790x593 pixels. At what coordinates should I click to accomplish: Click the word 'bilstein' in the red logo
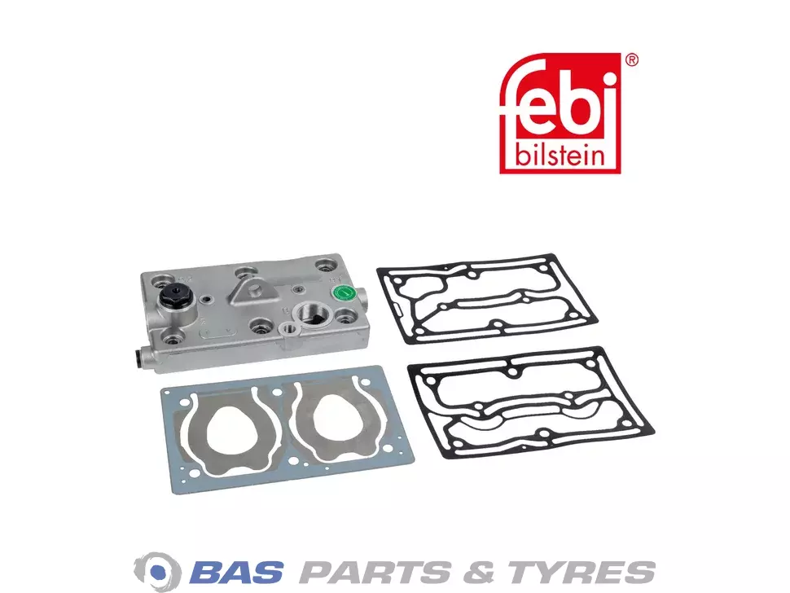[x=560, y=156]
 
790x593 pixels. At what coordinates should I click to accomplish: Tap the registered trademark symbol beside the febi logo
[x=631, y=60]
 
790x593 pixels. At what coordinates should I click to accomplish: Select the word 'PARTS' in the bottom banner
[x=375, y=572]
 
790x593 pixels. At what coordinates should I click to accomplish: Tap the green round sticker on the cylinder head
[x=343, y=292]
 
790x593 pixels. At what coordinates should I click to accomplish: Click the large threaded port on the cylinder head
[x=313, y=316]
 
